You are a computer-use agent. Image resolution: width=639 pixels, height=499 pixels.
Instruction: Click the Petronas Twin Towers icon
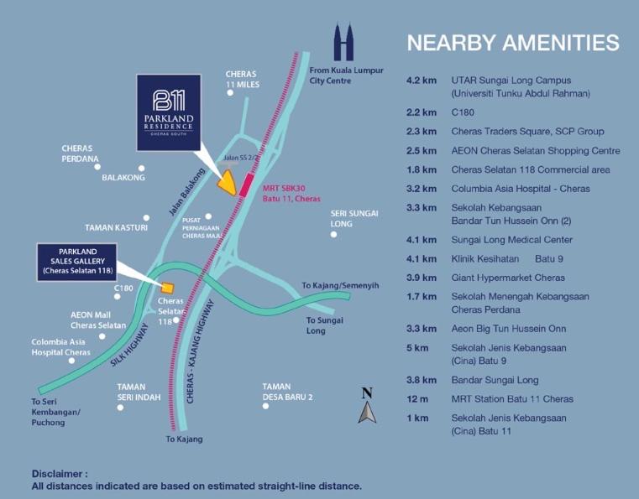343,42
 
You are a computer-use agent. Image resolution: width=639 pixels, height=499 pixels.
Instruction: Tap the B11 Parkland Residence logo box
169,112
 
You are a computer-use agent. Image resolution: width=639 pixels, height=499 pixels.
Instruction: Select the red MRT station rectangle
246,185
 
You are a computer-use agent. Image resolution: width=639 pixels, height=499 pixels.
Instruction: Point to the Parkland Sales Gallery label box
77,262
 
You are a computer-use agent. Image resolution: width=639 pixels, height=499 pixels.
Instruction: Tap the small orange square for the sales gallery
167,288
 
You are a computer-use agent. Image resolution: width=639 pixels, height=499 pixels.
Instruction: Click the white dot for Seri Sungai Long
333,235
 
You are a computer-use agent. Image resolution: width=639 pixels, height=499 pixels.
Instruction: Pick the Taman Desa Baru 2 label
288,392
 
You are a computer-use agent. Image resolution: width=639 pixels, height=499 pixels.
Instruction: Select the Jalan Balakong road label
186,192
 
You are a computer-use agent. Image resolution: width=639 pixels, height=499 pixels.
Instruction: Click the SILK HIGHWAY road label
129,345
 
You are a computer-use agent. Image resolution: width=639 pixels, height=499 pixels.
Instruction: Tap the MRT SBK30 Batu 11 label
291,194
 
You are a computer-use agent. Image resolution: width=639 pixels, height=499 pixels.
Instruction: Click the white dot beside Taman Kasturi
146,218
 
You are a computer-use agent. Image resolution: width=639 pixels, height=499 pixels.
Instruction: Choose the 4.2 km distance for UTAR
422,81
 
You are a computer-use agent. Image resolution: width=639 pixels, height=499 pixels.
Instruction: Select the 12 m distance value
417,399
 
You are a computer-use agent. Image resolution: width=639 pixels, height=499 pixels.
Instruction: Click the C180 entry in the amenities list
463,112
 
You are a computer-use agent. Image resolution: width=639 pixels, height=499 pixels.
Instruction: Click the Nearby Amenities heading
513,43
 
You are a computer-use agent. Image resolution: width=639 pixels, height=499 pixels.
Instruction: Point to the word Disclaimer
60,474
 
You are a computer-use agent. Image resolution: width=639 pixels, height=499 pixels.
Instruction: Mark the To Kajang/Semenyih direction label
340,286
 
